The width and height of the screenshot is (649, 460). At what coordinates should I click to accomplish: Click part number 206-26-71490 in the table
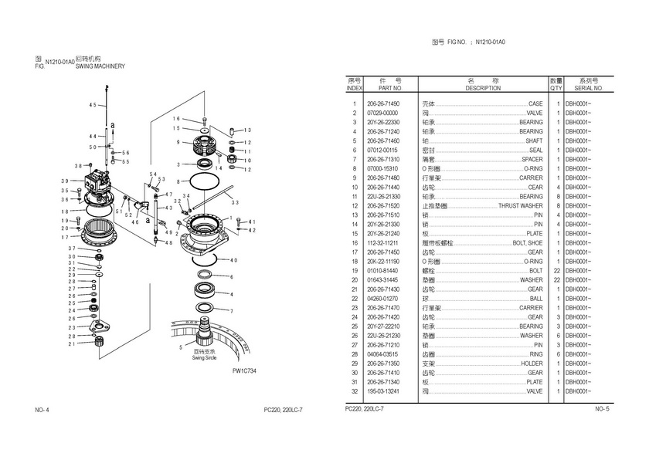[x=383, y=103]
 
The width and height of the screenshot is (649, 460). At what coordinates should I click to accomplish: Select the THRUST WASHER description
[x=520, y=206]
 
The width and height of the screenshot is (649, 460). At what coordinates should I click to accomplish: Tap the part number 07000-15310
[x=383, y=168]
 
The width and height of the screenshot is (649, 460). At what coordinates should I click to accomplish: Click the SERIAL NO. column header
[x=588, y=89]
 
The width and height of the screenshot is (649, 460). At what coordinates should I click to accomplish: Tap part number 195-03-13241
[x=383, y=391]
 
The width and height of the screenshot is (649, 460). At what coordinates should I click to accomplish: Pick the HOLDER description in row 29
[x=532, y=363]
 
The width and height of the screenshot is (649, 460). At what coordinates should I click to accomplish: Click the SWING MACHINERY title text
[x=100, y=66]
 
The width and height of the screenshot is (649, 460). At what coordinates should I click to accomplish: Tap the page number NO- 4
[x=42, y=409]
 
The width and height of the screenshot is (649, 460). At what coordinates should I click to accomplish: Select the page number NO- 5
[x=602, y=408]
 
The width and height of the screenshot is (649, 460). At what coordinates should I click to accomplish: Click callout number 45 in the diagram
[x=93, y=104]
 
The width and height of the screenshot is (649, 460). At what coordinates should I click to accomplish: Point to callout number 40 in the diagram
[x=233, y=260]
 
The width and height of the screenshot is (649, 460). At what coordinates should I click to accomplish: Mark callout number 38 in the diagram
[x=78, y=166]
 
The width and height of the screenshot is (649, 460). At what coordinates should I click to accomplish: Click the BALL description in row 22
[x=535, y=298]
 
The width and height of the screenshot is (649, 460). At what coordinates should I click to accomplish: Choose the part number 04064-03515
[x=383, y=353]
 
